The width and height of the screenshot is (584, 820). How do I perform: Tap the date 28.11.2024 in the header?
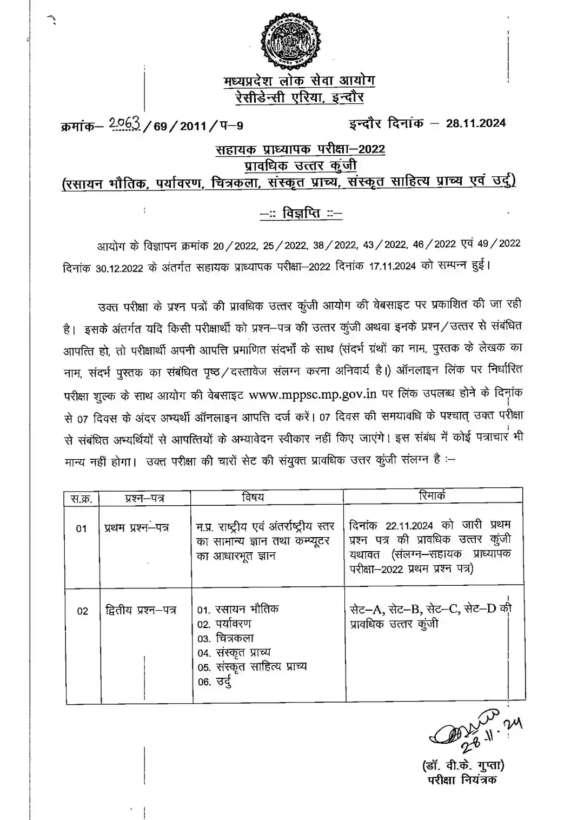point(476,123)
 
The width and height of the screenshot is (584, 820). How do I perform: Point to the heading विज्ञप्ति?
point(301,214)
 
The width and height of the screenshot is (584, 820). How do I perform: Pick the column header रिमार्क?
point(433,495)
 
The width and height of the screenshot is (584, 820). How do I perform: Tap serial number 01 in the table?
point(81,528)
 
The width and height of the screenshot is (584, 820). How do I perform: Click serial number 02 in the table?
point(82,611)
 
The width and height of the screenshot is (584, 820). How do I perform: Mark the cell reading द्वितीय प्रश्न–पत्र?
point(141,611)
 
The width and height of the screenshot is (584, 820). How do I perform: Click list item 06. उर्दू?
point(215,682)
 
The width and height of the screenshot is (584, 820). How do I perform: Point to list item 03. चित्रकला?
point(225,638)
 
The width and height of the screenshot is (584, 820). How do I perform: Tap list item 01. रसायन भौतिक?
point(238,610)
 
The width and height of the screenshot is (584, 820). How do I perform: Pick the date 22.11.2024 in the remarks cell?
point(409,526)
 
